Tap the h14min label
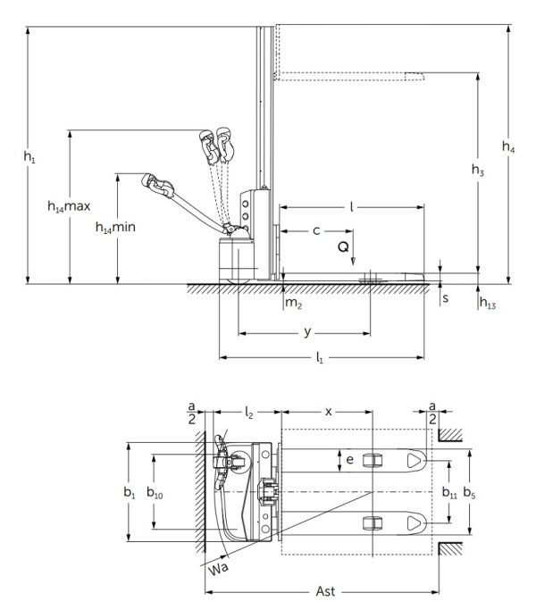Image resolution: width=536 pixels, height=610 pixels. click(116, 229)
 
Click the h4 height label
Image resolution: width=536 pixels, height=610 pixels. click(507, 147)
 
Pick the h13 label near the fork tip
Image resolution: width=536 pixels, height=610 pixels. click(488, 304)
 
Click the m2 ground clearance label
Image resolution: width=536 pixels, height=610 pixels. click(293, 305)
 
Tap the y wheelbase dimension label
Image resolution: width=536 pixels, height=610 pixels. click(307, 331)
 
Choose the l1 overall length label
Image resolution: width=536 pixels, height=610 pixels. click(319, 357)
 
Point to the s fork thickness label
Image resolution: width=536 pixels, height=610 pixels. click(445, 295)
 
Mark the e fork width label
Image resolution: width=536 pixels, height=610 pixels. click(349, 461)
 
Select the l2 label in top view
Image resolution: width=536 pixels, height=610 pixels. click(250, 412)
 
